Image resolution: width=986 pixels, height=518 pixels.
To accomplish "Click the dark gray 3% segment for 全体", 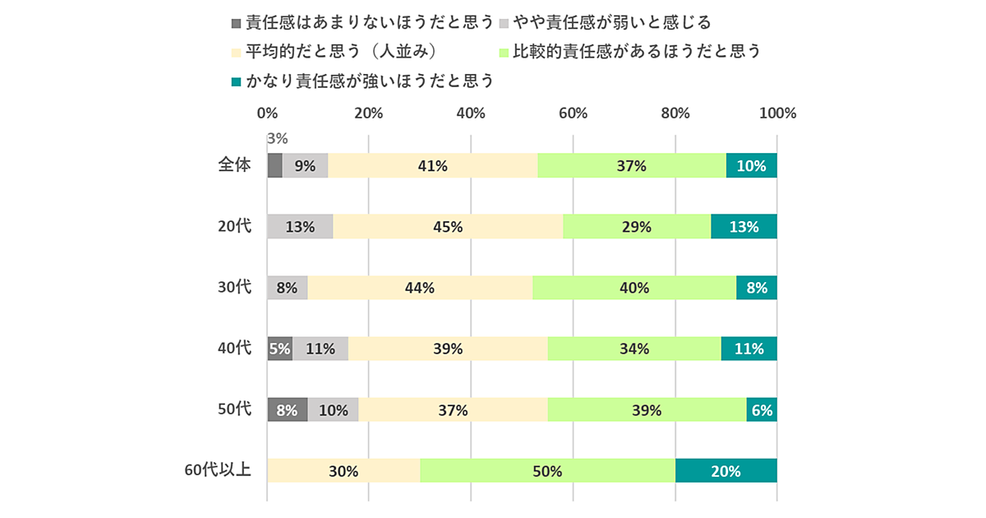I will point(275,165).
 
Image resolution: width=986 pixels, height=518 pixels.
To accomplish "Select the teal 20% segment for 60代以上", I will point(726,471).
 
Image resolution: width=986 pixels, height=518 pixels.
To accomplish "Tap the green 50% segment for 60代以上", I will point(547,471).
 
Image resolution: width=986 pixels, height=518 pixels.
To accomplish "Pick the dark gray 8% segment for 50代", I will point(288,409).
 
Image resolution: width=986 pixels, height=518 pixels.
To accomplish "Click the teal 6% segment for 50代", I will point(762,409).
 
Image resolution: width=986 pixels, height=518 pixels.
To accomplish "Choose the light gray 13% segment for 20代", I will point(300,226).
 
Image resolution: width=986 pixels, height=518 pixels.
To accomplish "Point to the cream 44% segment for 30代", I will point(420,288).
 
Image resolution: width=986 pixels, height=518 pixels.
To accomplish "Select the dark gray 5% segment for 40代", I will point(279,349).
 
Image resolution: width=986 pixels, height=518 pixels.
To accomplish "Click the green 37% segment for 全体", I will point(632,165).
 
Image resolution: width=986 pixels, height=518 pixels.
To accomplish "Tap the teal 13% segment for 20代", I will point(744,226).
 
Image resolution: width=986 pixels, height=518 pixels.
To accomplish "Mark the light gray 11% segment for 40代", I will point(320,349).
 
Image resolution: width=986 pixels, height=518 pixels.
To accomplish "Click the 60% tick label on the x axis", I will point(573,113).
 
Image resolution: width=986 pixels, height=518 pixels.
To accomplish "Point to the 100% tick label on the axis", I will point(776,113).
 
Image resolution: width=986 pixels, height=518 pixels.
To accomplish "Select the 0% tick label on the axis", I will point(267,113).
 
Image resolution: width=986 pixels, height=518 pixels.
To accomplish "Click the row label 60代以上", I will point(218,471).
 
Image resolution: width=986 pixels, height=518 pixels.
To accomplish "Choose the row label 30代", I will point(234,287).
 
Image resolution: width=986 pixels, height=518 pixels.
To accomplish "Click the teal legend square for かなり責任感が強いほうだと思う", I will point(237,81).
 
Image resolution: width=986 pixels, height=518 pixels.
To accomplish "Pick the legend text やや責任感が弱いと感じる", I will point(612,21).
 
